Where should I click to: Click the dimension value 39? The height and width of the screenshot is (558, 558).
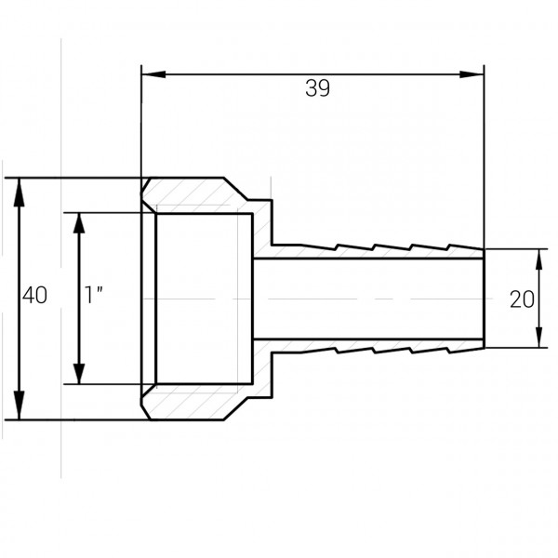point(317,88)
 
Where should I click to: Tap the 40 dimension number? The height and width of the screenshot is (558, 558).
point(34,297)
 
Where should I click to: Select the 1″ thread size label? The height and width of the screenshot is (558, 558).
point(93,297)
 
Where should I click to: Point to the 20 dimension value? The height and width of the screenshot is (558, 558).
point(522,299)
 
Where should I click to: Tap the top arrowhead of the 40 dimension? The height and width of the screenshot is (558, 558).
point(20,186)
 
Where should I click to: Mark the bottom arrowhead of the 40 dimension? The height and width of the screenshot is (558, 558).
point(20,410)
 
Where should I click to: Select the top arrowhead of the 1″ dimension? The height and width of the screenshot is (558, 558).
point(79,219)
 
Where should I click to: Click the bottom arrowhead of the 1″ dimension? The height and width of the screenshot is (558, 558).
point(79,376)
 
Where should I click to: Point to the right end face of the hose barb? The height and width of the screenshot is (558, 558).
point(484,298)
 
